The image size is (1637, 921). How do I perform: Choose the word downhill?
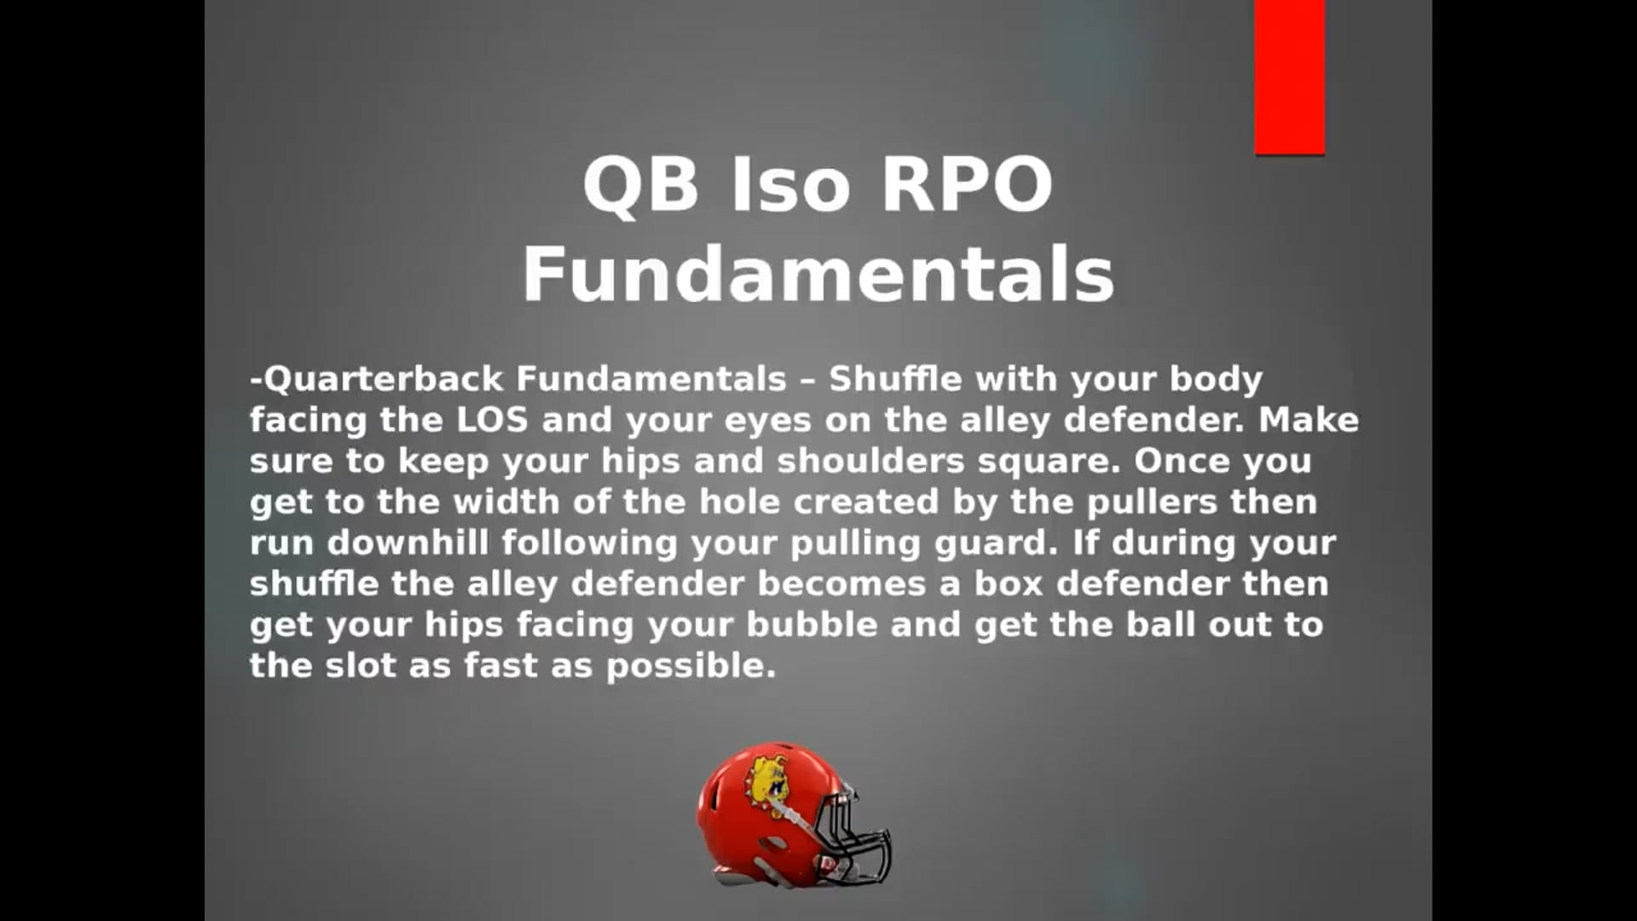click(408, 542)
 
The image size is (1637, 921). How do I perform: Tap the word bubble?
click(813, 624)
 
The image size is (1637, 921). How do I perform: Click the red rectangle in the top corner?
click(1290, 77)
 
